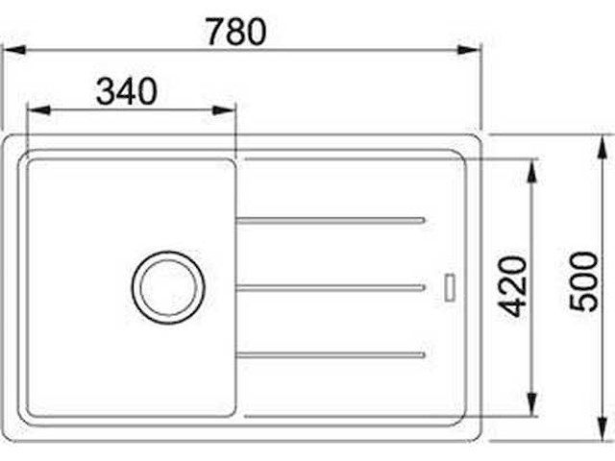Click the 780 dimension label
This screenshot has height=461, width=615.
pyautogui.click(x=236, y=32)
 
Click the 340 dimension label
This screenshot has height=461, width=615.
pyautogui.click(x=127, y=91)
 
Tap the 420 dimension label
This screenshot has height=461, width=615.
pyautogui.click(x=514, y=286)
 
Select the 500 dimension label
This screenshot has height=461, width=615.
pyautogui.click(x=584, y=281)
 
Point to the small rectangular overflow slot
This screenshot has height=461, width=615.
pyautogui.click(x=450, y=288)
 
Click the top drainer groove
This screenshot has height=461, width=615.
pyautogui.click(x=331, y=221)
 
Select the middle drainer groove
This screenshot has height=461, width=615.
pyautogui.click(x=331, y=288)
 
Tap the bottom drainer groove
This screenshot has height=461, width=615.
pyautogui.click(x=331, y=355)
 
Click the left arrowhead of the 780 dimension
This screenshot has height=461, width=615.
pyautogui.click(x=15, y=50)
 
